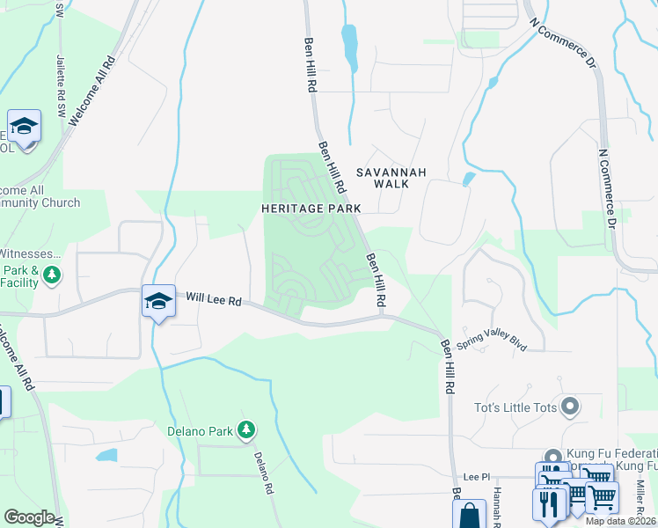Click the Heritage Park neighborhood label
311,209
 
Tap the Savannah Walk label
391,178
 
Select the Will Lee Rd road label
214,300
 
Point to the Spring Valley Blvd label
497,340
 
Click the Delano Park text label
202,431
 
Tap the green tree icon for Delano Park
249,429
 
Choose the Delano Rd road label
261,472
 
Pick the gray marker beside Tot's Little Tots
570,407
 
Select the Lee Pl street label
476,476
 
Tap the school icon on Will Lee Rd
157,302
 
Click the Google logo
29,517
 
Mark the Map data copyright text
619,521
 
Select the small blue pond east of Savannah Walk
468,179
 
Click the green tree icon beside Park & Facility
52,275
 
